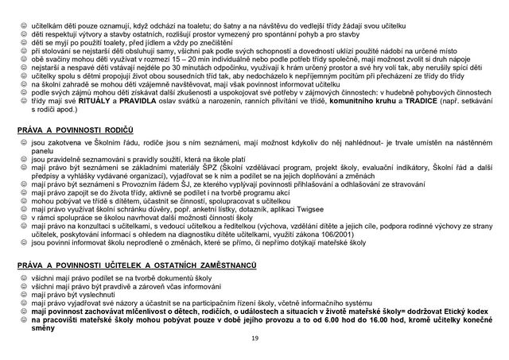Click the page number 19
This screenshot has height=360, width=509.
click(254, 337)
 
